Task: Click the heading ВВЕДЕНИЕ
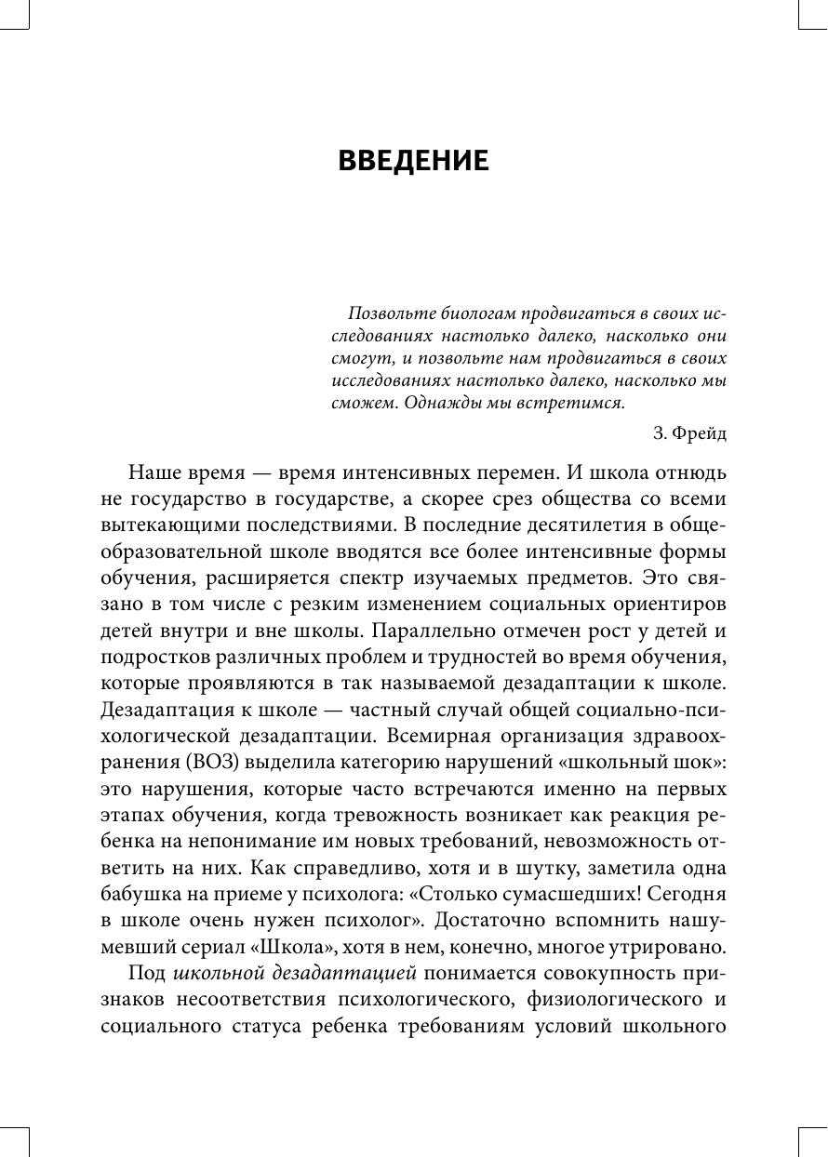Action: tap(413, 161)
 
